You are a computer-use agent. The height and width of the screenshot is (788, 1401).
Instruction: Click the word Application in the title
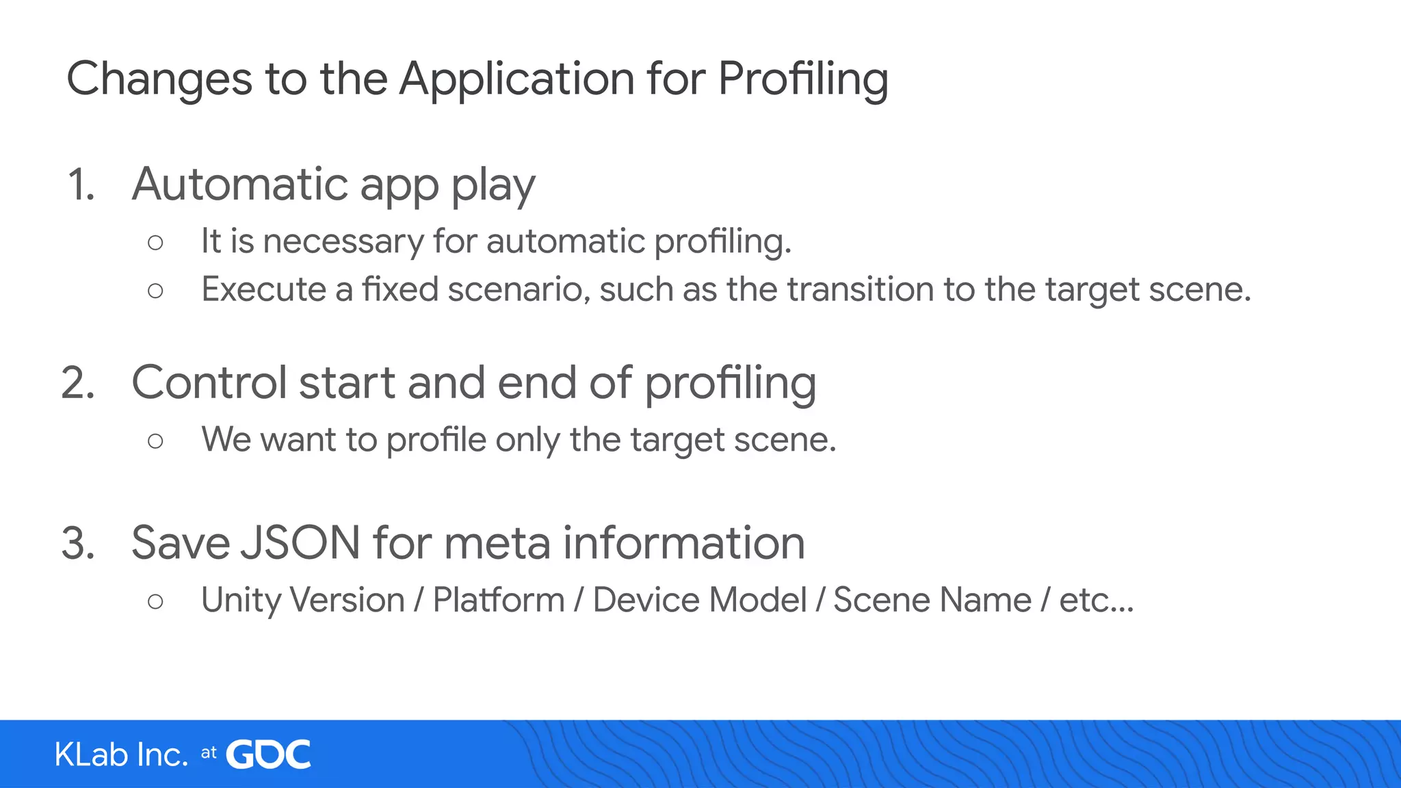click(517, 79)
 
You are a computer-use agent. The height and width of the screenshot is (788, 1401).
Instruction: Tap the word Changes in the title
click(159, 79)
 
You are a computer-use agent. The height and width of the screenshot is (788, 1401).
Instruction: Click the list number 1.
click(81, 185)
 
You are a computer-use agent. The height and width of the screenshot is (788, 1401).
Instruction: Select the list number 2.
click(78, 383)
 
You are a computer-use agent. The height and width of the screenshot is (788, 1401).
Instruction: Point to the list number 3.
click(78, 544)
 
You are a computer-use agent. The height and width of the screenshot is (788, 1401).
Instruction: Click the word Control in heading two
click(209, 382)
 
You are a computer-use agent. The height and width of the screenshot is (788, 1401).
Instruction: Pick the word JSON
click(301, 543)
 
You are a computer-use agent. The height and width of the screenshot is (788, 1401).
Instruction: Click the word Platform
click(499, 601)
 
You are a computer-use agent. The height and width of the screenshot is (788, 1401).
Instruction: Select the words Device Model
click(700, 601)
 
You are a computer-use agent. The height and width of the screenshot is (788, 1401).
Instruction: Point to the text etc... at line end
click(1097, 601)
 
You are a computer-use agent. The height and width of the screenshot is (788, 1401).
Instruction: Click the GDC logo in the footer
click(268, 754)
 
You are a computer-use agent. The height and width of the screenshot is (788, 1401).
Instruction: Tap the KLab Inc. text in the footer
click(121, 755)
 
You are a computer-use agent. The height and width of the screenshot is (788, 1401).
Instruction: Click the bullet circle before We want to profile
click(155, 441)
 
